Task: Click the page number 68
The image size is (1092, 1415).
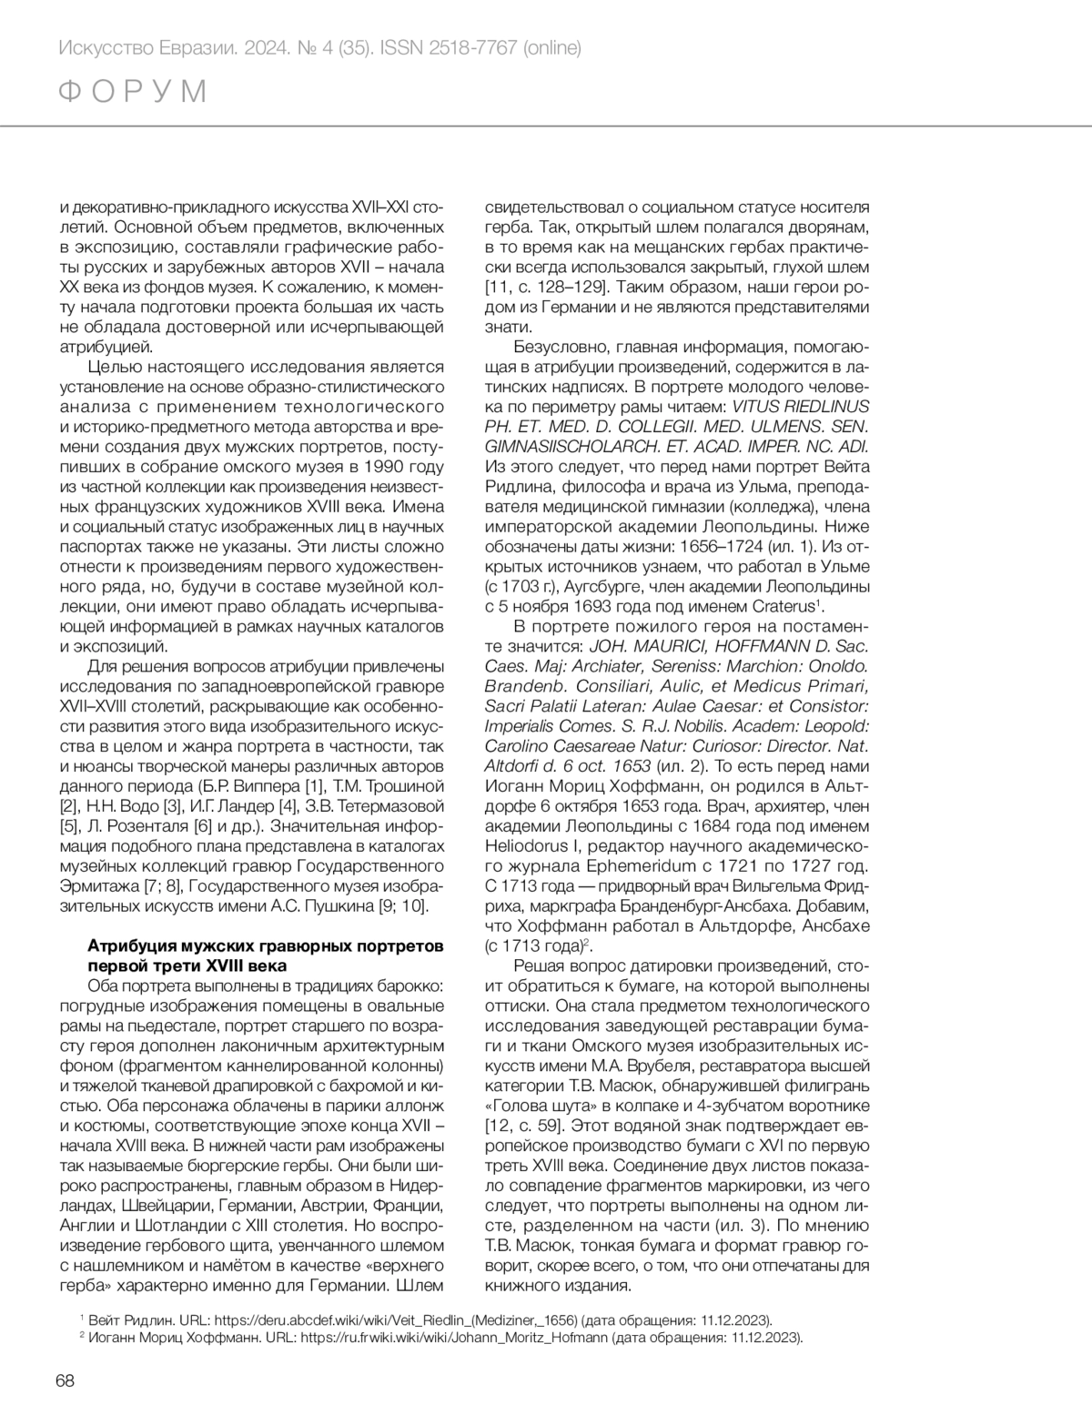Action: click(x=65, y=1380)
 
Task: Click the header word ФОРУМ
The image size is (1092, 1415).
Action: click(x=133, y=92)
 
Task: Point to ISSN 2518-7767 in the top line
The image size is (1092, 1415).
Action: click(x=465, y=47)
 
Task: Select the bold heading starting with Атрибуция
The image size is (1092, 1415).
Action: click(x=265, y=955)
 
